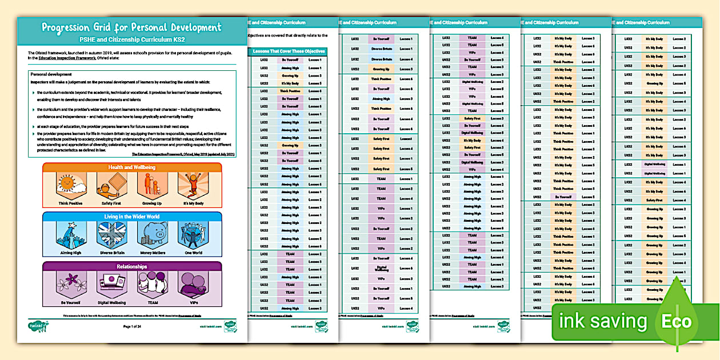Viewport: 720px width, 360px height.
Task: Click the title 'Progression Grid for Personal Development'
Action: (131, 27)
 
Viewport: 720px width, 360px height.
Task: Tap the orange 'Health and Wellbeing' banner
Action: (131, 167)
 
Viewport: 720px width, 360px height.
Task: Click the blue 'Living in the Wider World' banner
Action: (131, 217)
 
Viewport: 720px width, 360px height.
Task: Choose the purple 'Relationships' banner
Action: (131, 266)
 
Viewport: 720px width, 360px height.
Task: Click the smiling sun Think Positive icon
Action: (71, 186)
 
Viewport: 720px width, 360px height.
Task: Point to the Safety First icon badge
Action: (111, 186)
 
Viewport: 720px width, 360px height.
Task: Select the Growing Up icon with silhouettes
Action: (151, 186)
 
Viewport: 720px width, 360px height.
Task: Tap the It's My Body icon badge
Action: (192, 186)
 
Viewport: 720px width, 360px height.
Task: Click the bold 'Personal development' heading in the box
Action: (51, 74)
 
